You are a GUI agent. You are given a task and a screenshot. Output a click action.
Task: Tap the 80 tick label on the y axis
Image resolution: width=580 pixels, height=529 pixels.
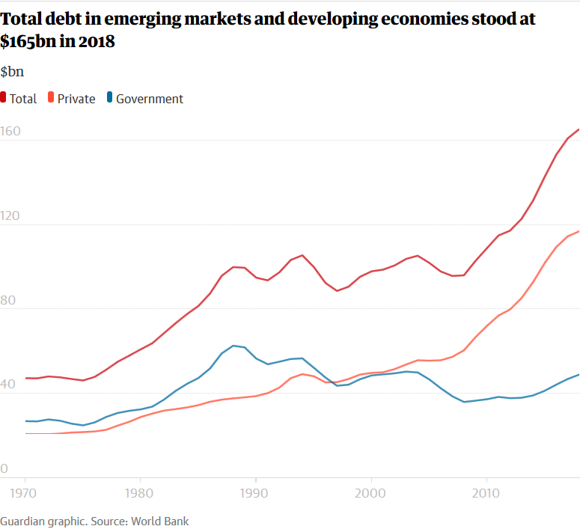(x=10, y=301)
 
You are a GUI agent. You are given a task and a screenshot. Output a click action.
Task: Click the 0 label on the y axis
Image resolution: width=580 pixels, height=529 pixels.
(x=4, y=469)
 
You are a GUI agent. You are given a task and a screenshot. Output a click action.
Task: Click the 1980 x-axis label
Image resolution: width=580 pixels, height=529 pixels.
(x=140, y=493)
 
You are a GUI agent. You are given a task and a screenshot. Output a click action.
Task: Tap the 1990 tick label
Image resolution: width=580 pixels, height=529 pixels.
(x=255, y=493)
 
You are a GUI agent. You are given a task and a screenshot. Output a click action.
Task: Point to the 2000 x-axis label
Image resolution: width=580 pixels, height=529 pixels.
(x=371, y=493)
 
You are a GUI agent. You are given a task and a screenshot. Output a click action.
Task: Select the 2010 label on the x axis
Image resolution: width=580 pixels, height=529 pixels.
(x=486, y=493)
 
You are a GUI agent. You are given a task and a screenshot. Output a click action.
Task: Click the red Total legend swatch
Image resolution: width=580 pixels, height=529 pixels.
(x=4, y=98)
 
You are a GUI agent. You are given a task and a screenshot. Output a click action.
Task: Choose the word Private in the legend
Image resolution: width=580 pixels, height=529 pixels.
(x=76, y=99)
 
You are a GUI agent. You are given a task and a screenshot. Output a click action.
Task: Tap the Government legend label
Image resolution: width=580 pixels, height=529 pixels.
(x=150, y=99)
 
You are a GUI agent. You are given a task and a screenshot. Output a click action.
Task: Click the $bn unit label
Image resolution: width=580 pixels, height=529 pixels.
(x=13, y=72)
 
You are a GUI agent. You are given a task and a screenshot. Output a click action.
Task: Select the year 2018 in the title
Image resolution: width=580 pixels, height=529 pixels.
(x=97, y=42)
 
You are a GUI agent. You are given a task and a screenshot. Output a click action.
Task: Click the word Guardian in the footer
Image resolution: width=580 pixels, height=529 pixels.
(x=22, y=521)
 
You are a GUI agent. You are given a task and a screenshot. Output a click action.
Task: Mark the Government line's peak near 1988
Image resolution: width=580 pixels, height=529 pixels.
(x=233, y=346)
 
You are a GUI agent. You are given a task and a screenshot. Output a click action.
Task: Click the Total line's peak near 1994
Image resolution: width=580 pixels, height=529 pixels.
(x=302, y=255)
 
